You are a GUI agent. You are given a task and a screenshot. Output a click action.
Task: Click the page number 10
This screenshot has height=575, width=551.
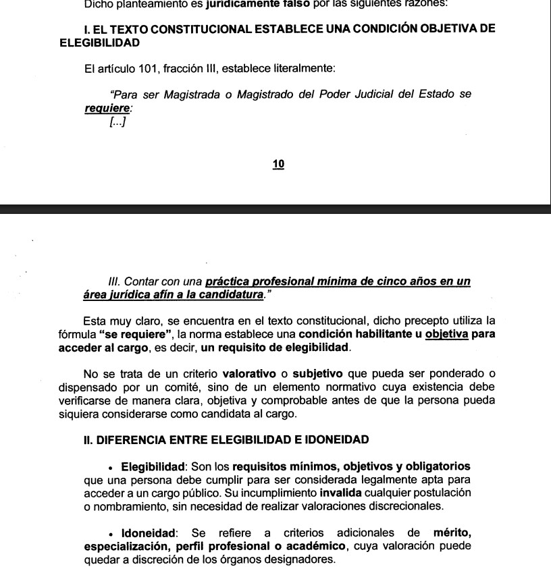[x=278, y=164]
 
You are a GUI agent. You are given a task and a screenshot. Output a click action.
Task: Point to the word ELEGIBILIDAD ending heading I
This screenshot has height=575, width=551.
[x=100, y=43]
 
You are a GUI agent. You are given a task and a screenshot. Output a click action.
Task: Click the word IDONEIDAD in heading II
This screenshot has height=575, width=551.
[x=335, y=440]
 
